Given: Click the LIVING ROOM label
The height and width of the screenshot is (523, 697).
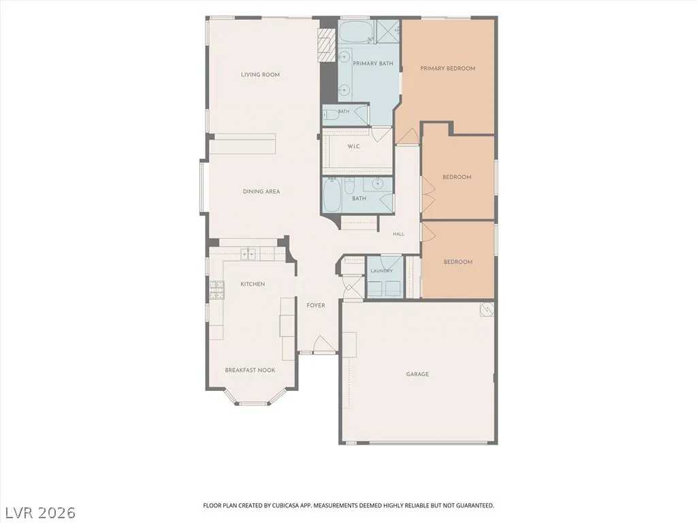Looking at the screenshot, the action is [x=260, y=75].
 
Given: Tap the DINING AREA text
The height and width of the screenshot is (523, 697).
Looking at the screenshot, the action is [x=261, y=191].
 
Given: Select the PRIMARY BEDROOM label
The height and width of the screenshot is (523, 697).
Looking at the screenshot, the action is [x=448, y=69].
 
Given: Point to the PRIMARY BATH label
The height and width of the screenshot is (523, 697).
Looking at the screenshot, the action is [x=373, y=63].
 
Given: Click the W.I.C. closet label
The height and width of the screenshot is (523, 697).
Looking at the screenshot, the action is [x=354, y=146].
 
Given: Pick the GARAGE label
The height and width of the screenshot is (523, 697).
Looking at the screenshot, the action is [x=417, y=374].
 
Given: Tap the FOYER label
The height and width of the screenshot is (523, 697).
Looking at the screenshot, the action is [x=316, y=305].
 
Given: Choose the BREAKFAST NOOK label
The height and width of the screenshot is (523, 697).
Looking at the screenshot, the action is [x=250, y=370].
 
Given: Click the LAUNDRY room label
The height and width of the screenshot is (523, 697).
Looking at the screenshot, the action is [x=381, y=270].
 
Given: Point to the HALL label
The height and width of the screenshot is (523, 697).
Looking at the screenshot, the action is [x=399, y=234].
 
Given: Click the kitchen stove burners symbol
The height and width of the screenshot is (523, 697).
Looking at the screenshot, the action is [x=216, y=289].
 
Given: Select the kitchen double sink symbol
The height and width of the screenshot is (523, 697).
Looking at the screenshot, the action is [x=248, y=254].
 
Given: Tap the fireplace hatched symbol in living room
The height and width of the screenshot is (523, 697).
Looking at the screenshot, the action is [x=327, y=46].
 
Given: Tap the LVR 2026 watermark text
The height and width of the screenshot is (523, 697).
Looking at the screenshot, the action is [x=38, y=513].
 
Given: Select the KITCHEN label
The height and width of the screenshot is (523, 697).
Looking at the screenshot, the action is [x=253, y=284].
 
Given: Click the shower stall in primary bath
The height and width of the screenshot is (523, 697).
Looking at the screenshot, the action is [x=388, y=31].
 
